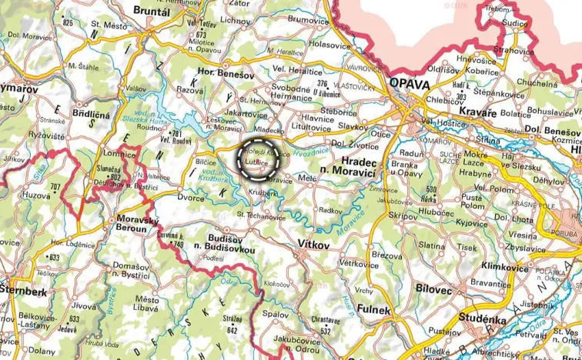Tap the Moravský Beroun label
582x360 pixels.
(135, 225)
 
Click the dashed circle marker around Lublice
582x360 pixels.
(257, 159)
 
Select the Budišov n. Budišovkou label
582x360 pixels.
(221, 244)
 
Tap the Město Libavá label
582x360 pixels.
(146, 302)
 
